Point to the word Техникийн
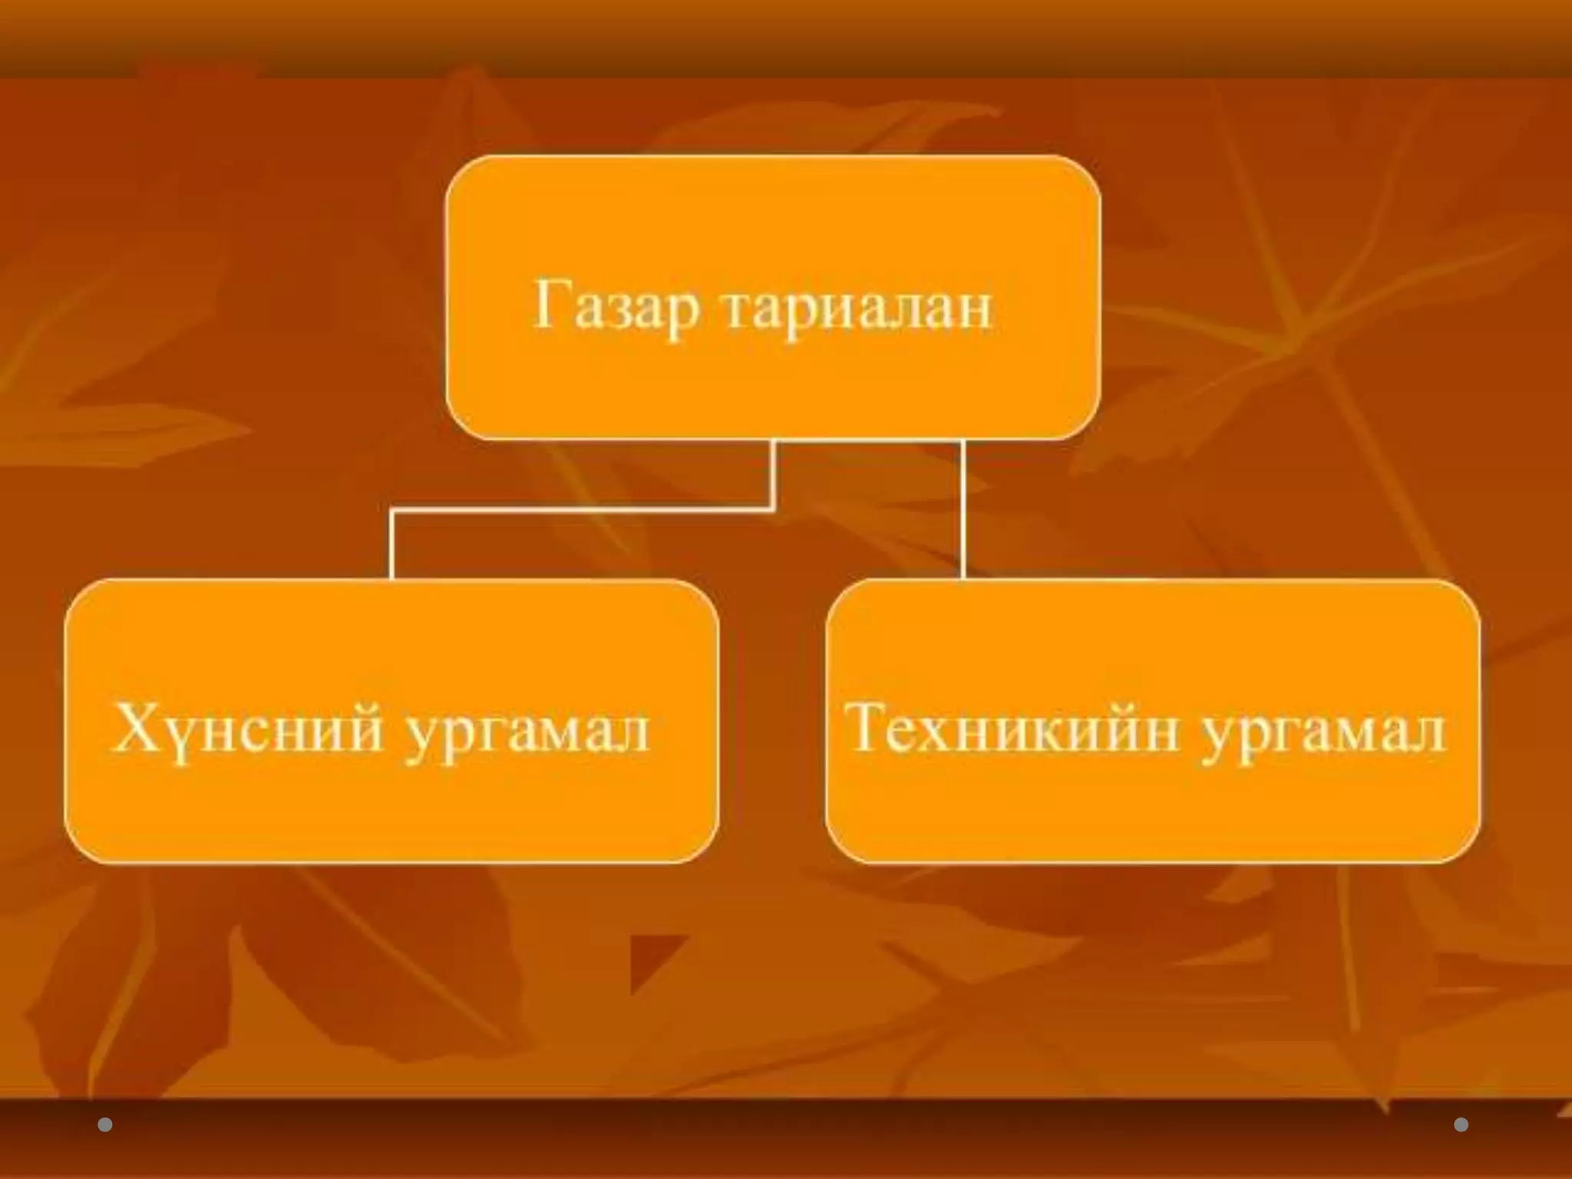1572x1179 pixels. tap(1011, 728)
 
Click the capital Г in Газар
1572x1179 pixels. tap(552, 303)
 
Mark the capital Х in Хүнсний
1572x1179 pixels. tap(135, 727)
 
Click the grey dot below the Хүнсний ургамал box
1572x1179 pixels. tap(105, 1125)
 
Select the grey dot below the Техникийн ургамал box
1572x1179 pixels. tap(1461, 1125)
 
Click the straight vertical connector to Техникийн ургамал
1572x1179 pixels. tap(963, 510)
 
